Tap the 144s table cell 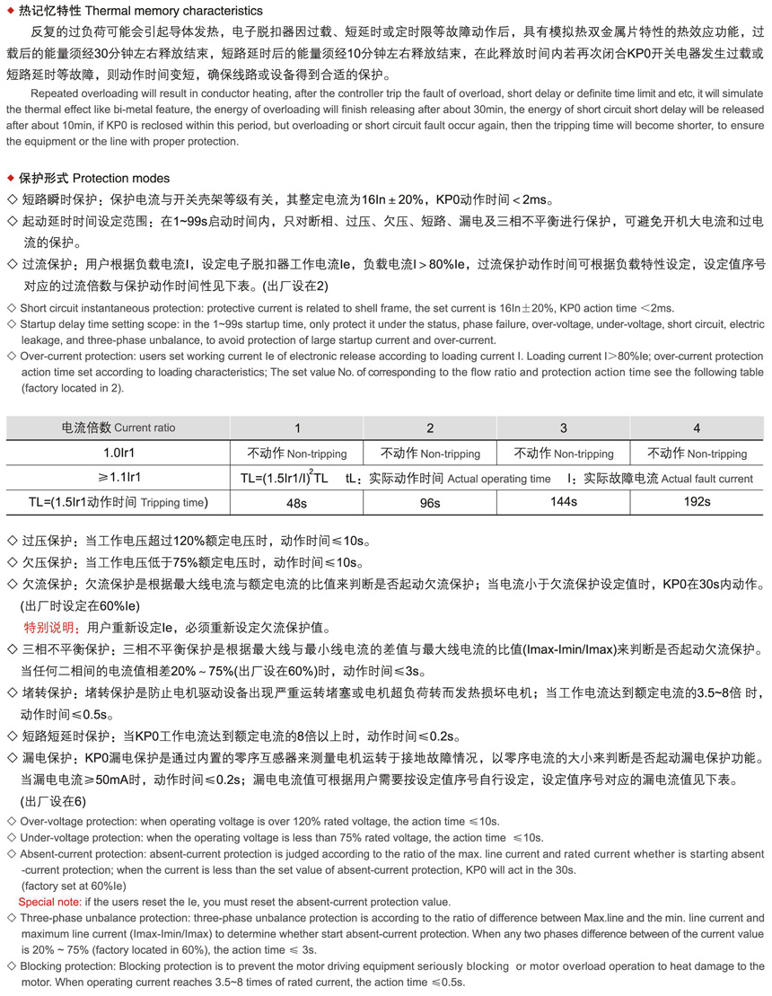coord(563,501)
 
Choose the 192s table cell coord(697,501)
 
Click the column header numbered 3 coord(563,427)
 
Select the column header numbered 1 coord(297,427)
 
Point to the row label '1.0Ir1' coord(118,453)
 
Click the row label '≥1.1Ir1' coord(118,478)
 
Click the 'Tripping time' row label coord(173,502)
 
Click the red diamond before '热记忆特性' coord(10,11)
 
